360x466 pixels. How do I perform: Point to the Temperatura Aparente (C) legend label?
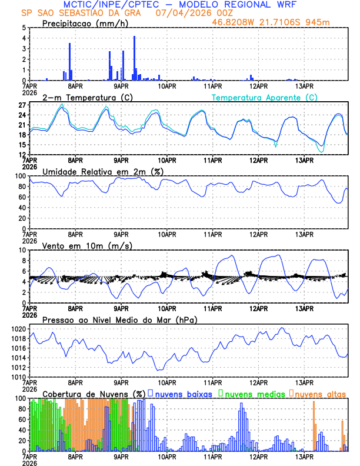pos(264,97)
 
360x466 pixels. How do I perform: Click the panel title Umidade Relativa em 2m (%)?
pos(104,171)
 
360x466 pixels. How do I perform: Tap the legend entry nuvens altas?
pos(321,394)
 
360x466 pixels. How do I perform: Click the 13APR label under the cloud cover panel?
pos(304,457)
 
